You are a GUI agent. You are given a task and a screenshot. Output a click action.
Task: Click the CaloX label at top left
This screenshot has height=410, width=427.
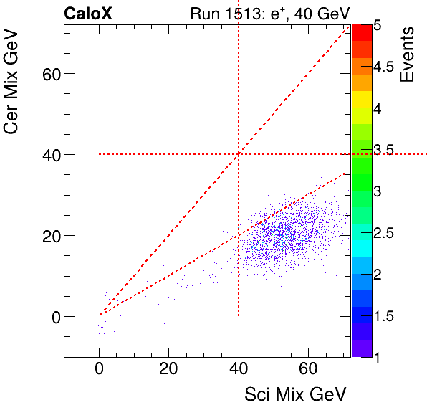[87, 14]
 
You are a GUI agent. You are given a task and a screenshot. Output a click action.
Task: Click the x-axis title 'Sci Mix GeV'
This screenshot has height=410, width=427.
[296, 394]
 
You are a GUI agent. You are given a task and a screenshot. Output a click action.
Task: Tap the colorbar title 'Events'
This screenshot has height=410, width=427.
[407, 54]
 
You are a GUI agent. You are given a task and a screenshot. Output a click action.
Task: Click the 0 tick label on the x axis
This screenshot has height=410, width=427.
[99, 370]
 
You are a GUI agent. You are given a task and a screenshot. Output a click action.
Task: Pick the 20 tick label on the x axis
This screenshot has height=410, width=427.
[168, 370]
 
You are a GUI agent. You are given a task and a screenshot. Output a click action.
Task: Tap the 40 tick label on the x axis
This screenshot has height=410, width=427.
[239, 370]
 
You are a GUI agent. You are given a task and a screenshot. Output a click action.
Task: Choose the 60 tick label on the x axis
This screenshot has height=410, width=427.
[308, 370]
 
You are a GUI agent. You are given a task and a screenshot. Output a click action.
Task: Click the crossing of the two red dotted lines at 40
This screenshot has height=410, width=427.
[239, 154]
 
